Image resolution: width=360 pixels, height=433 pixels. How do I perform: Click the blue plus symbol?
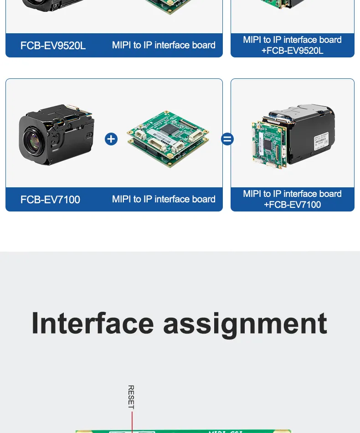[x=111, y=139]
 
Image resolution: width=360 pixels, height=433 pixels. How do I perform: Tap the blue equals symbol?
[x=227, y=139]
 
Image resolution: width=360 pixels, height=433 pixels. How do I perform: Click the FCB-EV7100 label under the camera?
[x=50, y=200]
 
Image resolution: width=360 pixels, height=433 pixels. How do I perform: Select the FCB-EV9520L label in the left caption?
[x=53, y=46]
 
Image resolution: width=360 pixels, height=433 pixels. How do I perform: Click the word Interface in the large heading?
[x=93, y=323]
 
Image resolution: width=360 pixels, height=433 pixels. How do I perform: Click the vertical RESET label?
[x=131, y=397]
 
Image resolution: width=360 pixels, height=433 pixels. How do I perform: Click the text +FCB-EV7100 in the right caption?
[x=292, y=205]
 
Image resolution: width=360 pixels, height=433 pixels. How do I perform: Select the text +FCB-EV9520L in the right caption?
[x=292, y=51]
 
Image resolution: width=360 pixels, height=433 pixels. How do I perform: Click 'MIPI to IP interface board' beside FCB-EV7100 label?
[x=164, y=199]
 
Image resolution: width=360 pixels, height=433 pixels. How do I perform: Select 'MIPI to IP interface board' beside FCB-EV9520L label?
[x=164, y=45]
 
